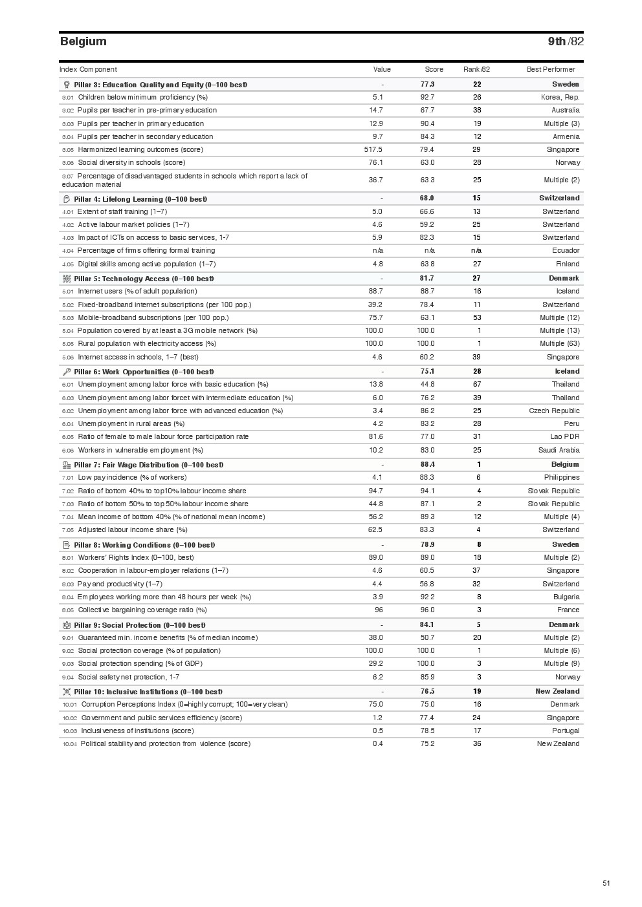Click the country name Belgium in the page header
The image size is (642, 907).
point(83,41)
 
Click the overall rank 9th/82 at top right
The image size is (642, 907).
point(565,41)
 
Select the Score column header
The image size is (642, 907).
point(434,69)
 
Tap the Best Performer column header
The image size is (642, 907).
point(550,69)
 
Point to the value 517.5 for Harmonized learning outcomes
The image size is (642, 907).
point(373,149)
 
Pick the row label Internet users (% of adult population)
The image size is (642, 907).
point(137,292)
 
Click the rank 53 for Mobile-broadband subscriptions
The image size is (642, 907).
point(477,317)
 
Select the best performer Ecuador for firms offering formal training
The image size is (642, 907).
point(566,250)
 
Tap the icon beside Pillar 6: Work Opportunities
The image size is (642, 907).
point(66,372)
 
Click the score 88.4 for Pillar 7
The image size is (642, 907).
point(427,464)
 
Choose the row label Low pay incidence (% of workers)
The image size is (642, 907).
point(132,478)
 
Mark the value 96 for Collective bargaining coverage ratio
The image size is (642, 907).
point(379,610)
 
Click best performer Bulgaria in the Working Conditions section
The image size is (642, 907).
point(566,597)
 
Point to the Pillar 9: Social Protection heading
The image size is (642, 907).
point(139,625)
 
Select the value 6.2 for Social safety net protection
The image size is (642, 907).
point(377,677)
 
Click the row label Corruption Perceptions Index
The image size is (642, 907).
point(184,705)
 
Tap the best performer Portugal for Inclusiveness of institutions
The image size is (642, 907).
point(566,731)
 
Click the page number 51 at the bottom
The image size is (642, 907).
point(606,883)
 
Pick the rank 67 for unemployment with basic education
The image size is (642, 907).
point(477,385)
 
